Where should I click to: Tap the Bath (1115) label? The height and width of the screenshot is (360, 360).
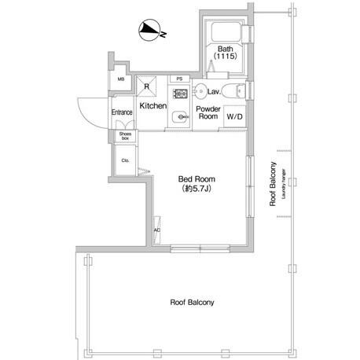pos(226,53)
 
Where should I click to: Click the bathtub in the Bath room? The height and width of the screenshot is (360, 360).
pos(226,31)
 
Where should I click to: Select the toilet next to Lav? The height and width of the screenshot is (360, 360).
pos(233,91)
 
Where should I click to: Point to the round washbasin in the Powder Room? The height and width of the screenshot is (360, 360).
pos(200,91)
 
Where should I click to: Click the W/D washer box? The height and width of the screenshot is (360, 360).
pos(234,116)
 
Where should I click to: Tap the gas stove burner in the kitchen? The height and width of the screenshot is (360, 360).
pos(180,94)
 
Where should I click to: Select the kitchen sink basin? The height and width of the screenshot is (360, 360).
pos(180,117)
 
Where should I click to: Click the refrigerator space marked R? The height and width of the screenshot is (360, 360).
pos(146,86)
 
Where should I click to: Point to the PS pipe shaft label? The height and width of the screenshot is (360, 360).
pos(179,79)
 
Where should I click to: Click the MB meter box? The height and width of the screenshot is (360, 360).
pos(121,79)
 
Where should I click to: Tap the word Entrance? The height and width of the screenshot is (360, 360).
pos(122,112)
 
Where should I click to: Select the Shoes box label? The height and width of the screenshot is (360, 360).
pos(125,136)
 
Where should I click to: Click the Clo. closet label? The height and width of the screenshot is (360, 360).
pos(125,160)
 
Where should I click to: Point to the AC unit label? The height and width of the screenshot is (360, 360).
pos(157,230)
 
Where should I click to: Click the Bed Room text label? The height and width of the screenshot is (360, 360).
pos(197,179)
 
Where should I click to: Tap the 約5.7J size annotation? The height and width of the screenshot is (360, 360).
pos(197,189)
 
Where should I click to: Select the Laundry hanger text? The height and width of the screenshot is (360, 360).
pos(284,184)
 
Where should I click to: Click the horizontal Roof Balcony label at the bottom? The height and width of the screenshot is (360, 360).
pos(192,303)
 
